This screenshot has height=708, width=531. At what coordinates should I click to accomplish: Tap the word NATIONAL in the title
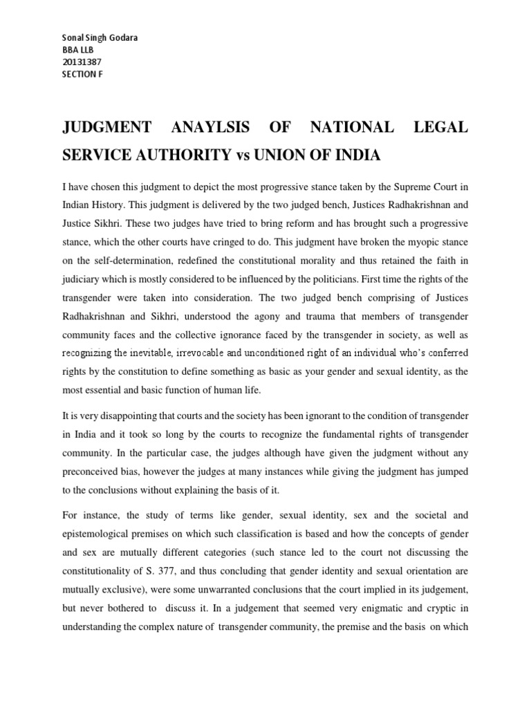click(353, 128)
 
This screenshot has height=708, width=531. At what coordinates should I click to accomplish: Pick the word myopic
click(407, 241)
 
